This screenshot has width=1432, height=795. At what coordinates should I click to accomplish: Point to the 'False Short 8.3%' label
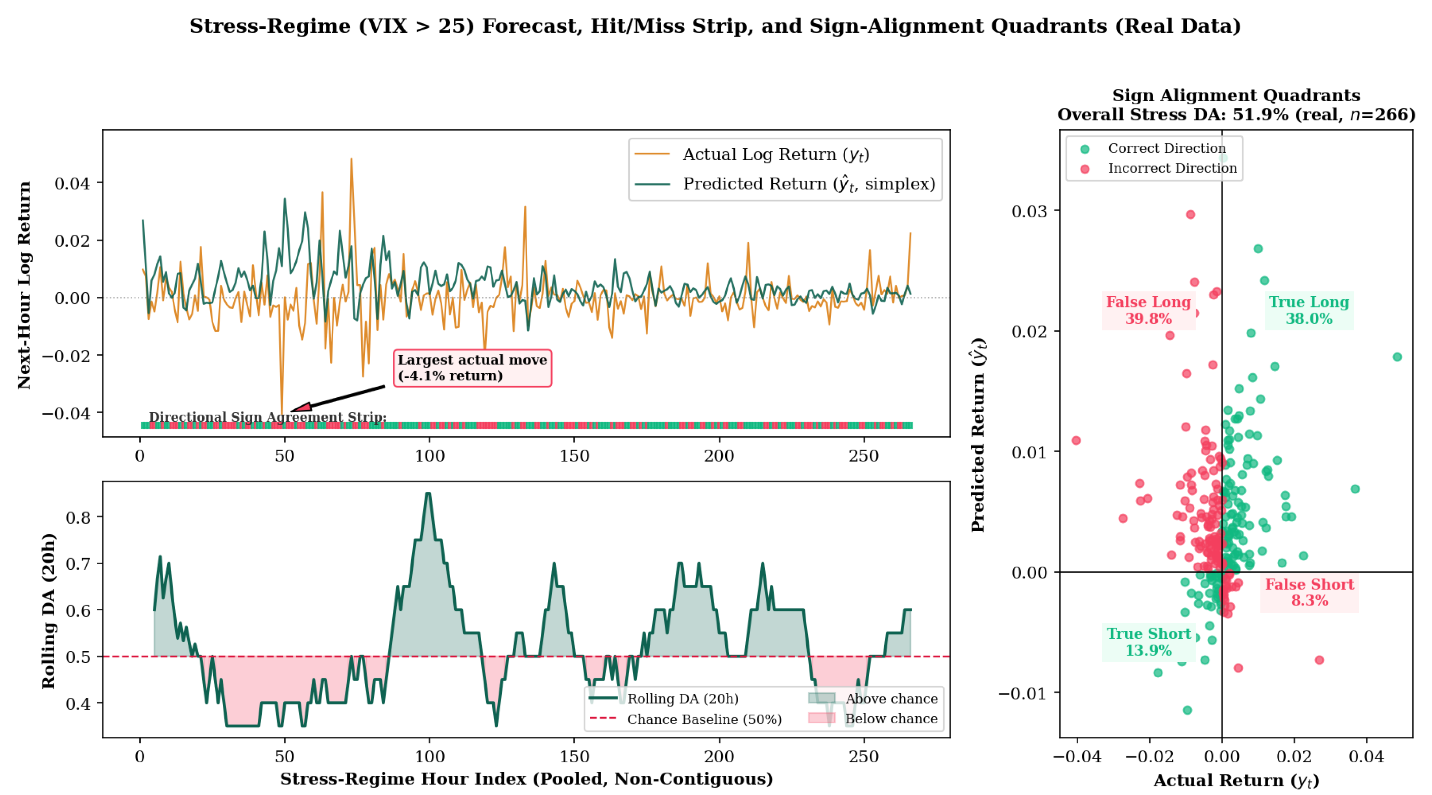point(1309,593)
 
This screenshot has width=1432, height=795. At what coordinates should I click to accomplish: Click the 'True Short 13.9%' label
point(1149,642)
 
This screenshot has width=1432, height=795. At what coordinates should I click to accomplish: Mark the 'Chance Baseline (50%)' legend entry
point(686,719)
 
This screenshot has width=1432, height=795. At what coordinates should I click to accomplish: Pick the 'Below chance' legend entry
point(873,719)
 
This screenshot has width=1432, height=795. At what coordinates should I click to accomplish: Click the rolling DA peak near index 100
point(428,493)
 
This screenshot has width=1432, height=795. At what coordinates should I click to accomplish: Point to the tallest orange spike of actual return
point(351,159)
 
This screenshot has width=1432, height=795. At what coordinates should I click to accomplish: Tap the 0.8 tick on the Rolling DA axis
point(78,517)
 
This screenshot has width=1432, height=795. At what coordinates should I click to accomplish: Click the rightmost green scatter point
point(1397,357)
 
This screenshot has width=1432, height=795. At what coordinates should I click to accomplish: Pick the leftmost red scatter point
point(1076,441)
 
